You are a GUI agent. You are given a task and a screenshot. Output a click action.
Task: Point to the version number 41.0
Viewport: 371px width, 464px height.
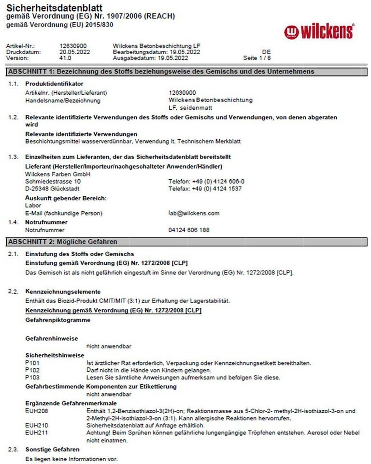click(x=65, y=58)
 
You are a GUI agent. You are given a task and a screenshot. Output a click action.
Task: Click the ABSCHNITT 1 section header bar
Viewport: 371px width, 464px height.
click(x=185, y=72)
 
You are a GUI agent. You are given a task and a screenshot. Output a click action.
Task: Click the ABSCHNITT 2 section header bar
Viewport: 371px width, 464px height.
click(x=185, y=241)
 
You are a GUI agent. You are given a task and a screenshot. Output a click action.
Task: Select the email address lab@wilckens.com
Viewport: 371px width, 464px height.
click(x=194, y=213)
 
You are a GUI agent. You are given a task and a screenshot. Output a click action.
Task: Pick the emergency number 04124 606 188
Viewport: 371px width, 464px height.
click(x=189, y=230)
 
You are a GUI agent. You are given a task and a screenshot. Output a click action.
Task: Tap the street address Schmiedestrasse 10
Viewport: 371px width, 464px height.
click(x=49, y=181)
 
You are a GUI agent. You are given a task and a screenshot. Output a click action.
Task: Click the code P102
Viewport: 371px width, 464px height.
click(x=32, y=370)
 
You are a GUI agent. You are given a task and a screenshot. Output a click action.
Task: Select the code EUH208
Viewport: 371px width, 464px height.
click(x=36, y=411)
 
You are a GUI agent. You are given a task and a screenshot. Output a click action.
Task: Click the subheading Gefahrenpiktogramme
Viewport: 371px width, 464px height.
click(x=57, y=320)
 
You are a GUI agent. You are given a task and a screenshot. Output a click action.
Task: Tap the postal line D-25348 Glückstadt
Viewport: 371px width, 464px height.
click(x=52, y=188)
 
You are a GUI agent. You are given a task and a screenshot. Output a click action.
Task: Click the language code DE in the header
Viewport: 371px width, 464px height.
click(x=266, y=52)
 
